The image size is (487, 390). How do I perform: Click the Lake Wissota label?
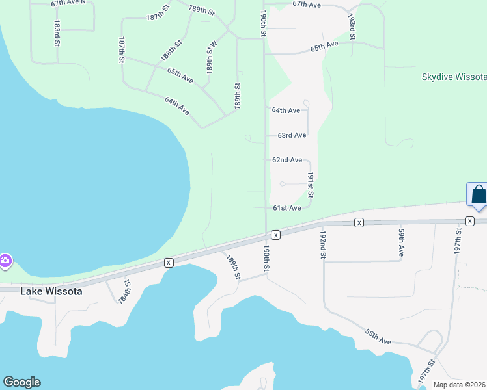(x=51, y=292)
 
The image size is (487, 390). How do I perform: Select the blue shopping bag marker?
(x=478, y=195)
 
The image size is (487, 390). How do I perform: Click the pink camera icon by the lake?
(x=5, y=261)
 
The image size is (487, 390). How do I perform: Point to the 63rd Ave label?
(x=292, y=135)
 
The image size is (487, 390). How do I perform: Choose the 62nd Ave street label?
(x=287, y=160)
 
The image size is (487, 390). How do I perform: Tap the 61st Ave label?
(x=286, y=208)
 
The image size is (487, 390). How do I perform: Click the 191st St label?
(x=311, y=185)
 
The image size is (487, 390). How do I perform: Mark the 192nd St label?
(x=322, y=244)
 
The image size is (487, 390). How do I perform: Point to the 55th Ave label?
(x=378, y=336)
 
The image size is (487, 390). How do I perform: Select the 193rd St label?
(x=352, y=27)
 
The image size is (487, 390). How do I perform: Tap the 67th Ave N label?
(x=68, y=3)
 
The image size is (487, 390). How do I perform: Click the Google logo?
(x=21, y=382)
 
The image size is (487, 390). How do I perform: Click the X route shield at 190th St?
(x=275, y=234)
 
